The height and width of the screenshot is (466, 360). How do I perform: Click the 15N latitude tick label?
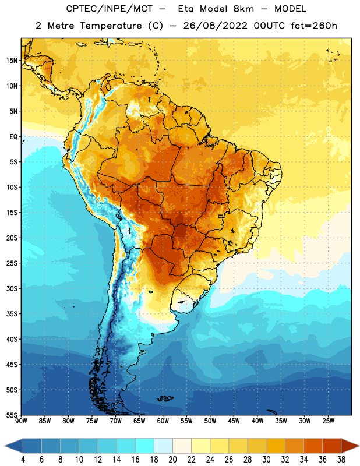pyautogui.click(x=12, y=61)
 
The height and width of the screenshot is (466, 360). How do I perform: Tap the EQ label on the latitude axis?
pyautogui.click(x=13, y=137)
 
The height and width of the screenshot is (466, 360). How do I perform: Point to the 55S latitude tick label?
pyautogui.click(x=12, y=415)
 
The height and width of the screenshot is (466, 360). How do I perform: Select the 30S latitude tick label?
pyautogui.click(x=12, y=288)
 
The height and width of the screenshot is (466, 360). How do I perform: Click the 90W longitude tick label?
pyautogui.click(x=21, y=421)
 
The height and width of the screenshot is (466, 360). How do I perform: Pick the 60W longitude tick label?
pyautogui.click(x=163, y=421)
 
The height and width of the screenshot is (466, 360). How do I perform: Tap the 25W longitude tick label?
pyautogui.click(x=328, y=421)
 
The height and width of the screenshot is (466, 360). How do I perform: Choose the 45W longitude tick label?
pyautogui.click(x=234, y=421)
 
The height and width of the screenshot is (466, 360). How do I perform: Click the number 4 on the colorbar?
pyautogui.click(x=23, y=460)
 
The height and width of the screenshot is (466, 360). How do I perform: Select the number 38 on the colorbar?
pyautogui.click(x=341, y=460)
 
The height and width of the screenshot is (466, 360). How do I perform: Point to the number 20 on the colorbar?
pyautogui.click(x=172, y=460)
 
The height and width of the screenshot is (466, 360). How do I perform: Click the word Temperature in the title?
pyautogui.click(x=111, y=26)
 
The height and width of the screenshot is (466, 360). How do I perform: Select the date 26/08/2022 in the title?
pyautogui.click(x=215, y=26)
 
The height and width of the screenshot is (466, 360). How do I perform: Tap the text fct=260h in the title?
pyautogui.click(x=314, y=26)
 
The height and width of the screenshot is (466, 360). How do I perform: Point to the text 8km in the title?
pyautogui.click(x=243, y=9)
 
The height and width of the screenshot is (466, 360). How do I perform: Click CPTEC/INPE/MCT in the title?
pyautogui.click(x=110, y=9)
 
